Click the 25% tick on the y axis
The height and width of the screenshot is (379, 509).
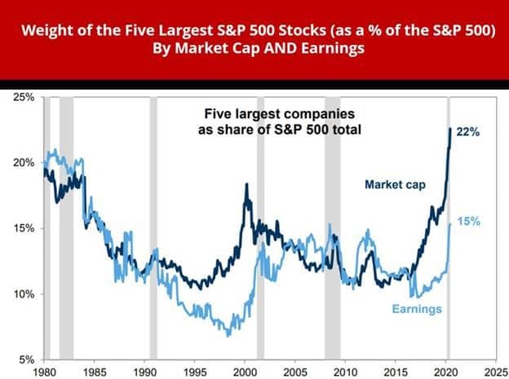pos(23,97)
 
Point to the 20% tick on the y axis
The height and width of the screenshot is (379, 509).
pos(23,162)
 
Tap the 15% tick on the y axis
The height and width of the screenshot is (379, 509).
pos(23,228)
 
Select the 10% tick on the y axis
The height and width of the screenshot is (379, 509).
pos(23,293)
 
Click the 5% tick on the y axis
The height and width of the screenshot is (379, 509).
pos(25,359)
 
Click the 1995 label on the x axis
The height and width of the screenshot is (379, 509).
pos(194,370)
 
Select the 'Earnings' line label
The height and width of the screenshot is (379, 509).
pos(416,309)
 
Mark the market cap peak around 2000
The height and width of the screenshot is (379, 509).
pos(246,185)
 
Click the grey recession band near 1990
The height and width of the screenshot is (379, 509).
pos(153,228)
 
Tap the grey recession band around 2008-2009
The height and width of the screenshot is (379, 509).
pos(333,228)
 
